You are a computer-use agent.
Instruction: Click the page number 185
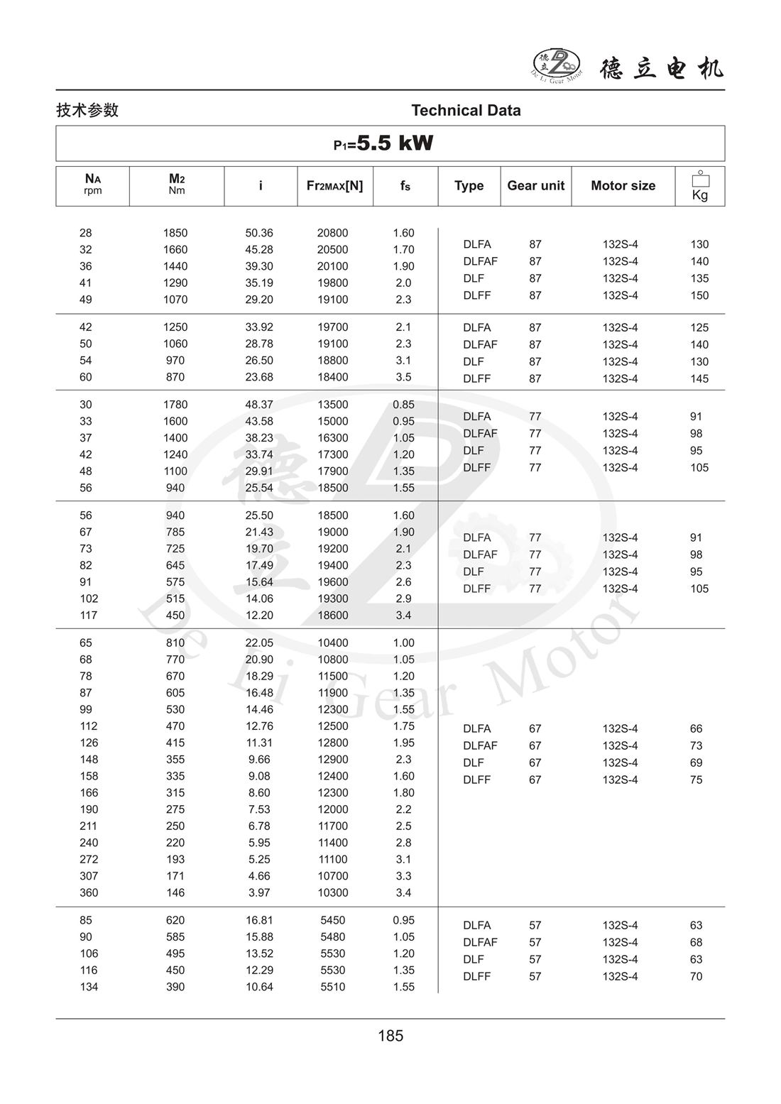[390, 1036]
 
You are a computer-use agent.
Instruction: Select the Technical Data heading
[466, 110]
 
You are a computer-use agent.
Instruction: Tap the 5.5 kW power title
[384, 143]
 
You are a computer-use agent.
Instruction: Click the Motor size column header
[623, 185]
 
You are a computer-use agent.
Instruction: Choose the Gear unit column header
[535, 185]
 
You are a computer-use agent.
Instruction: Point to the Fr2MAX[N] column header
[334, 185]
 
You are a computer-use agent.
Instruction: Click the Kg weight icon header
[700, 187]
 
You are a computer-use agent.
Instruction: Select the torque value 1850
[175, 233]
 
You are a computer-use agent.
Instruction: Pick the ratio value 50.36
[259, 233]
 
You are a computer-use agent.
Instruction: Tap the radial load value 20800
[332, 233]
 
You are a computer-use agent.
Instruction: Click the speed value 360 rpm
[89, 892]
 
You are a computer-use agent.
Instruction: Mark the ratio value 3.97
[259, 892]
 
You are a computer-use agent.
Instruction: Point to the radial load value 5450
[332, 920]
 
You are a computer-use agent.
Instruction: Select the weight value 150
[699, 295]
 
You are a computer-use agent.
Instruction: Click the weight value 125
[699, 327]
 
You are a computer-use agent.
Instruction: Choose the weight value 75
[696, 780]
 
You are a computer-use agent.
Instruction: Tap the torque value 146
[175, 892]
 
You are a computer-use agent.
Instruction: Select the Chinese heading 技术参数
[87, 110]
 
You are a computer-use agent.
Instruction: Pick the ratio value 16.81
[259, 920]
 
